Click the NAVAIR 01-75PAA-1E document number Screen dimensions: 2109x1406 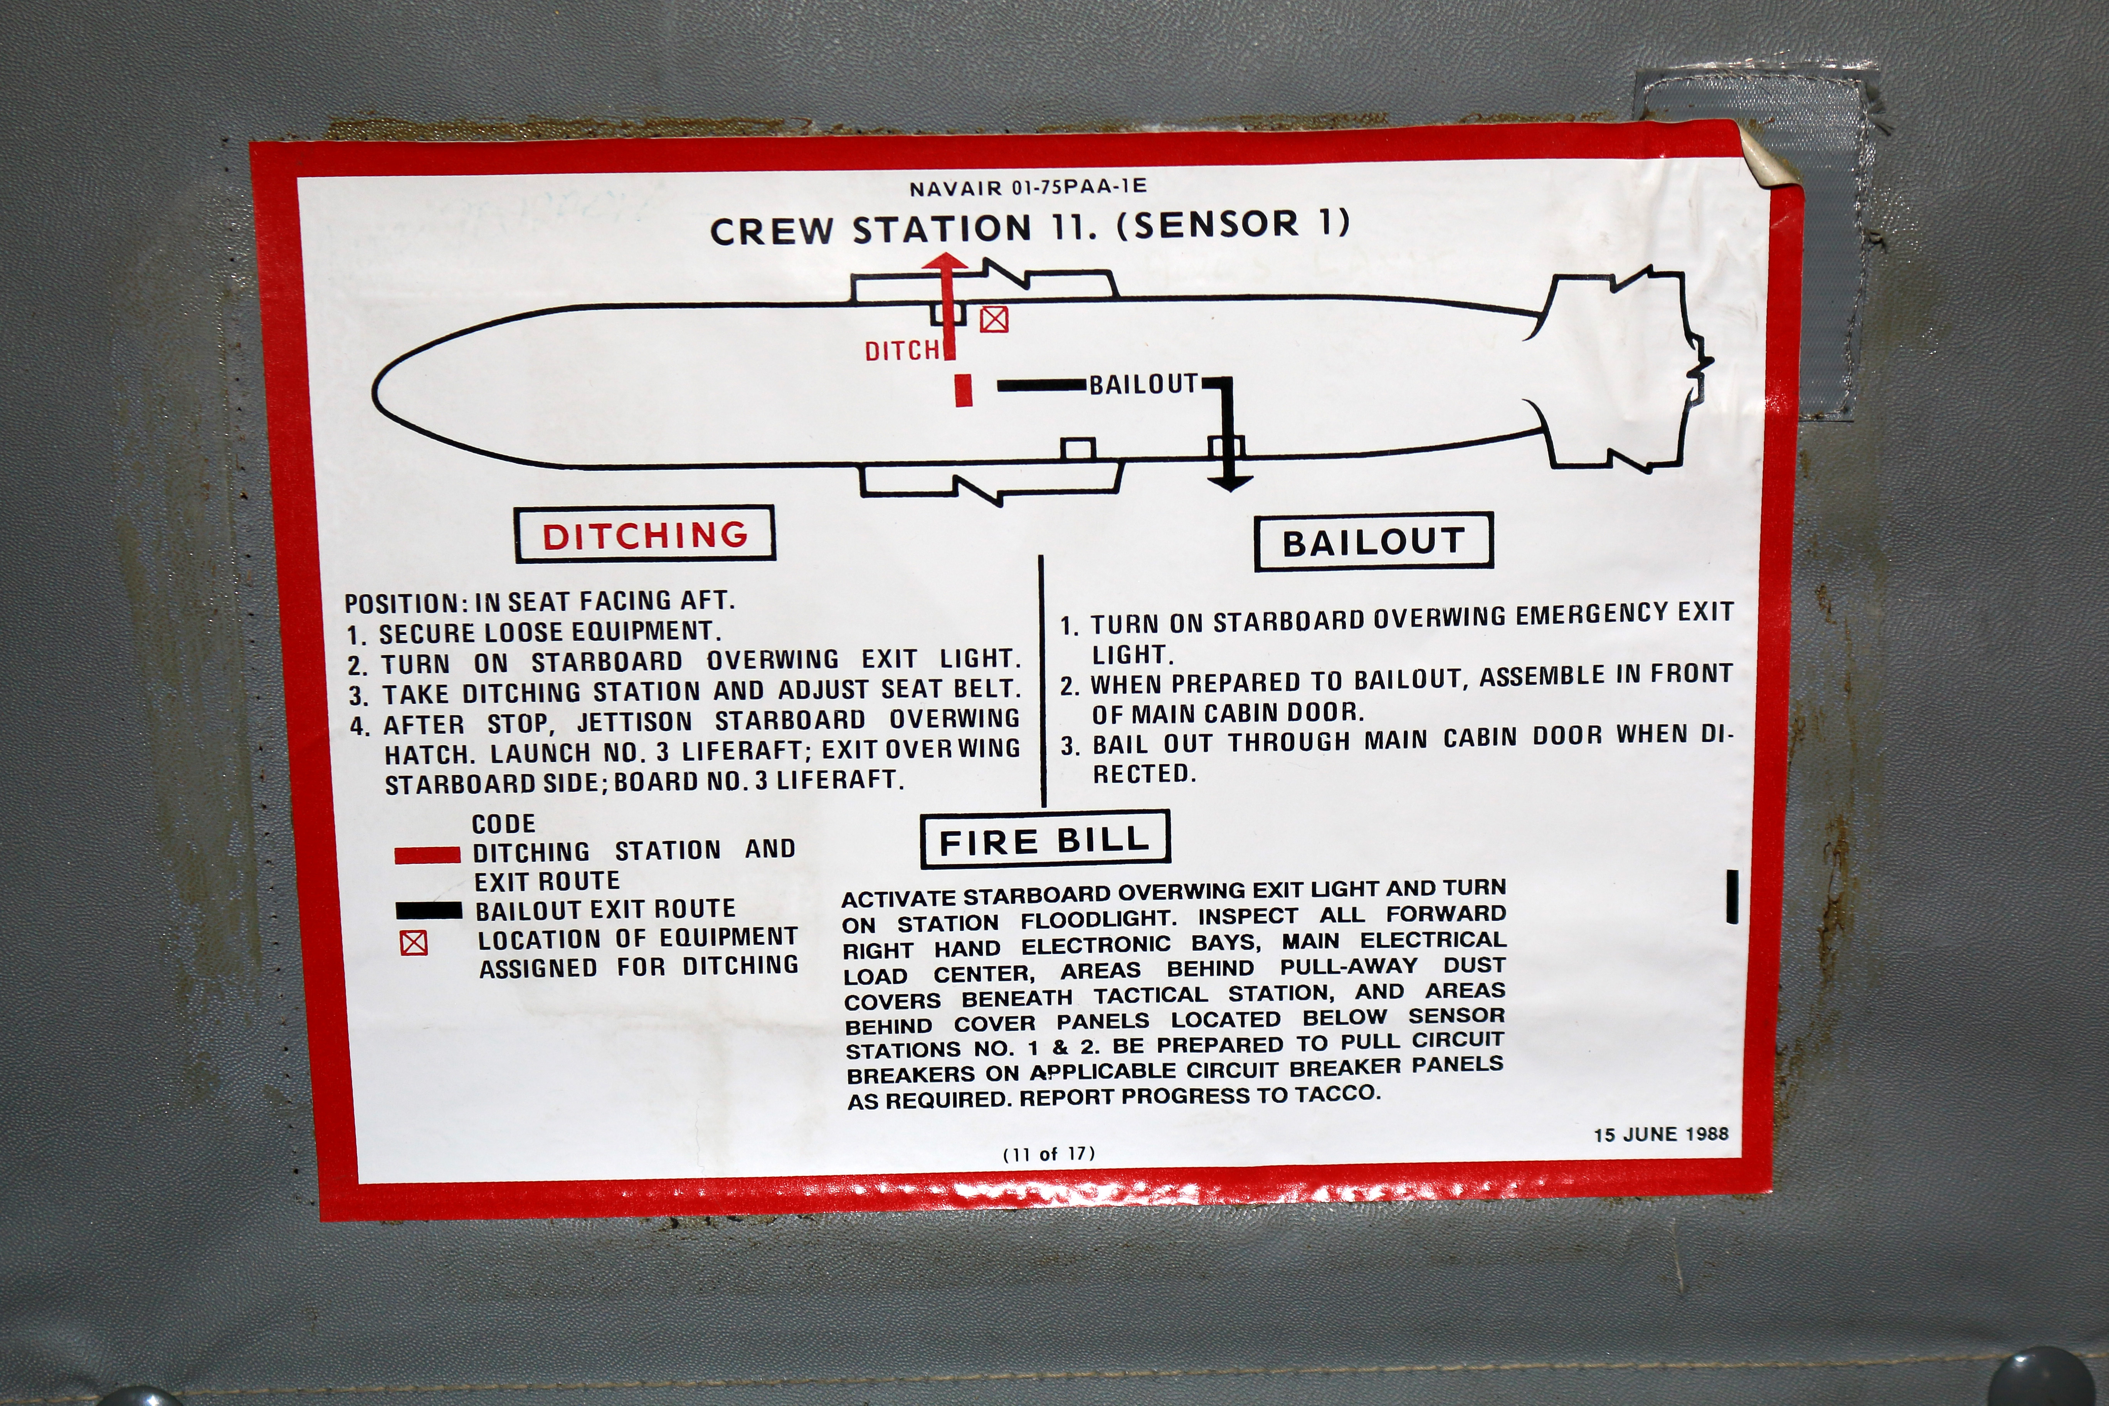[x=1028, y=187]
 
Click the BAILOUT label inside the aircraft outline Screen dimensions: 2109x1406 [x=1143, y=385]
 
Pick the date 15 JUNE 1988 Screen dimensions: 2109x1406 [x=1661, y=1134]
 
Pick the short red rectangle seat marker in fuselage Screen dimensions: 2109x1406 [x=963, y=390]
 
